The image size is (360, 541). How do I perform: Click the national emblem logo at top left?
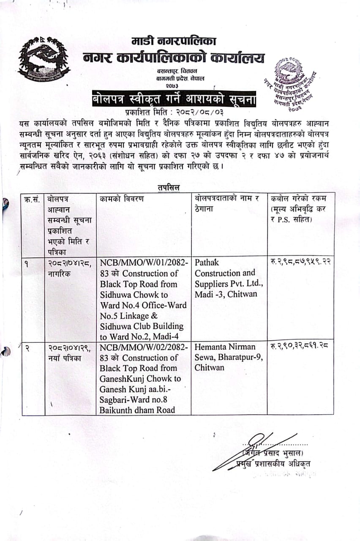click(x=44, y=59)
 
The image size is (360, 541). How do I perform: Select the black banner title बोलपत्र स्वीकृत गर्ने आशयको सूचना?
click(x=175, y=100)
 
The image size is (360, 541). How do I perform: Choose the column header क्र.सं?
click(x=33, y=199)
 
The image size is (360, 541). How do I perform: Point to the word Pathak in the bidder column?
click(x=207, y=262)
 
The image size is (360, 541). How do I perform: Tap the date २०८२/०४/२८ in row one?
click(x=64, y=262)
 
